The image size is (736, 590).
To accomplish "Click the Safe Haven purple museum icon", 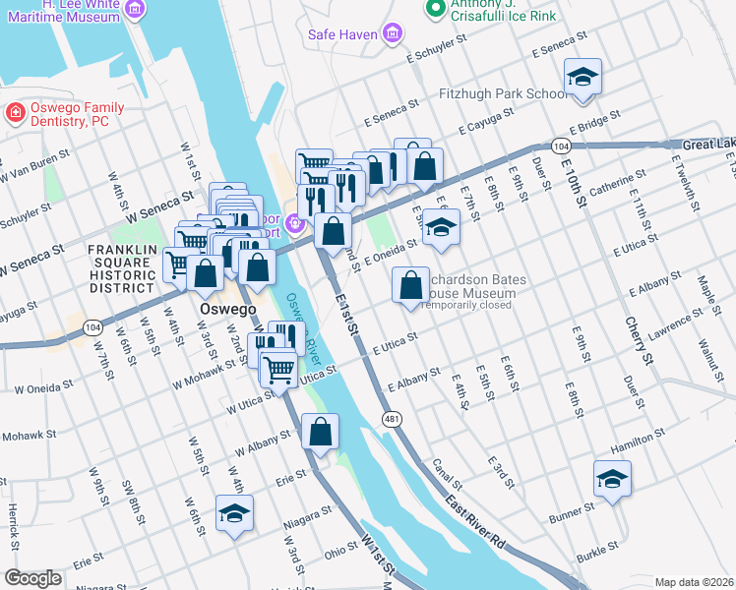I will [393, 35].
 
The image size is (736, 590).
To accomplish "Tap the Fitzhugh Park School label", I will [502, 94].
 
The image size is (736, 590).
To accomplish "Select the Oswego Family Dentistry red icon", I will [15, 114].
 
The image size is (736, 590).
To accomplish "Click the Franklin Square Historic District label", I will [122, 268].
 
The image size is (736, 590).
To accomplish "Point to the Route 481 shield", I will [391, 418].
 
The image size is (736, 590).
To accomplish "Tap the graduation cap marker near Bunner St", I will [612, 479].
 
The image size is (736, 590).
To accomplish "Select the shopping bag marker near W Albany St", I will [321, 432].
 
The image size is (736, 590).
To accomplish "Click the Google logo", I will [32, 578].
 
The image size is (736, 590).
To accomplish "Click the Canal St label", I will [446, 479].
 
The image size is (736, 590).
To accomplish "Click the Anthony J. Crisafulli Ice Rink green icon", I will [434, 9].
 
